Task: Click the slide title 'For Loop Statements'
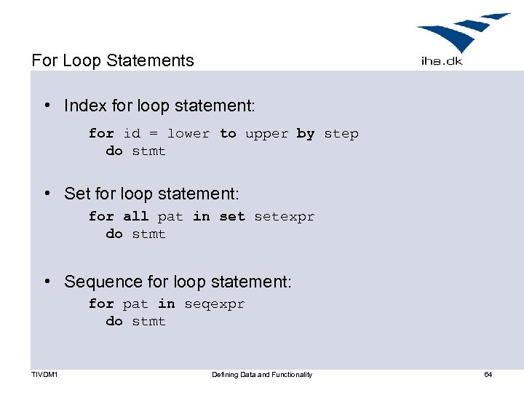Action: [x=113, y=60]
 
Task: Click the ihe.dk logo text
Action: [x=442, y=61]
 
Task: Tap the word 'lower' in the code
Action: [x=188, y=134]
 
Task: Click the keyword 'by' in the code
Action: [x=306, y=134]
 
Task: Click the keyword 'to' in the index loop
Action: [x=228, y=134]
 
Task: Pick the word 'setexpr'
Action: [x=284, y=217]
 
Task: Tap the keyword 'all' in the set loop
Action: [x=135, y=216]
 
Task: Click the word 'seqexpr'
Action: [x=214, y=304]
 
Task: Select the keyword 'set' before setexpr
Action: [x=232, y=216]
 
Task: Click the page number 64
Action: [x=488, y=375]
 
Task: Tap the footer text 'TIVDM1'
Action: [x=45, y=375]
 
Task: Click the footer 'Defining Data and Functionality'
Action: [x=262, y=375]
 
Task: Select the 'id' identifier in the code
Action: [x=132, y=134]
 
